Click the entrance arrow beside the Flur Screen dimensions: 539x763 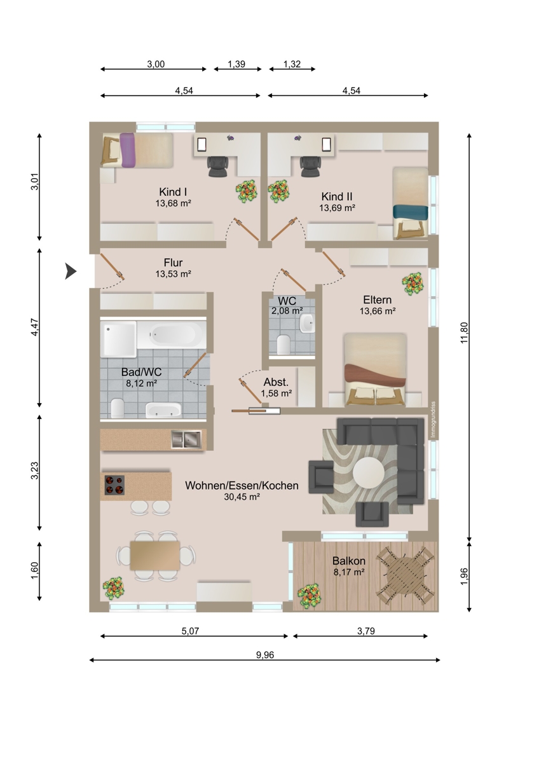click(71, 272)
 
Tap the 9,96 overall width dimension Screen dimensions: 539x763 click(265, 654)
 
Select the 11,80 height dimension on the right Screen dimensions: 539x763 click(464, 333)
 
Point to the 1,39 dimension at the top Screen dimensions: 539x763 click(236, 64)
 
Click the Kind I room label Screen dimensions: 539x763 click(173, 192)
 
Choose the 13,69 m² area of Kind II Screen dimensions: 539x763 click(337, 207)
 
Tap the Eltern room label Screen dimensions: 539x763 click(378, 299)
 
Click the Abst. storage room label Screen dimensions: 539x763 click(276, 382)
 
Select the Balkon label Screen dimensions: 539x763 click(349, 561)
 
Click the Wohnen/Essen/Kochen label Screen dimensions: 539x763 click(242, 485)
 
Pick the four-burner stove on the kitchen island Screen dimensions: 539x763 click(114, 485)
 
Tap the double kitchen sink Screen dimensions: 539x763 click(186, 439)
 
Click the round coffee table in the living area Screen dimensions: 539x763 click(369, 473)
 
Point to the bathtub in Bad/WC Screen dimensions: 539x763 click(172, 334)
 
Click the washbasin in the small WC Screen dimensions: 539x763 click(307, 322)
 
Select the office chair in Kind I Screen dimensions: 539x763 click(217, 166)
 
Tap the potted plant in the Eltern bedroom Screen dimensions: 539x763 click(413, 283)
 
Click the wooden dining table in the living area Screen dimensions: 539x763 click(155, 556)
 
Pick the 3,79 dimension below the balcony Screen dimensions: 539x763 click(365, 631)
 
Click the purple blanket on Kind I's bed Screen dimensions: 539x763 click(127, 150)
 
